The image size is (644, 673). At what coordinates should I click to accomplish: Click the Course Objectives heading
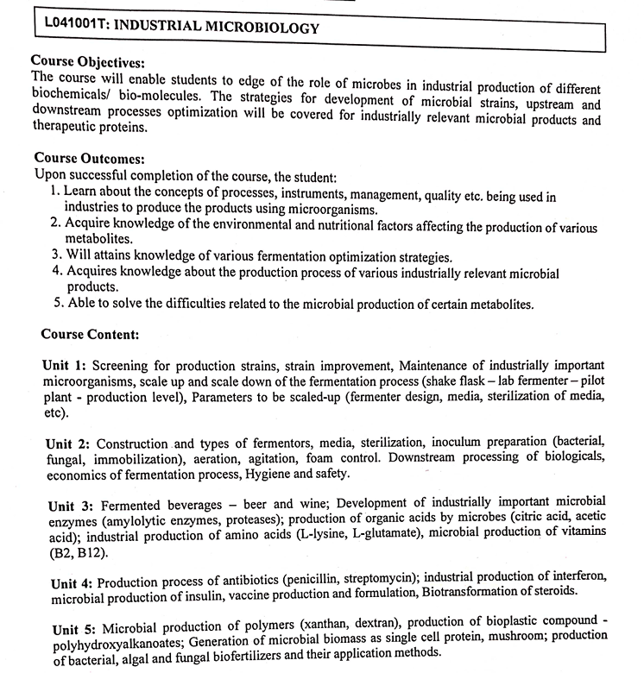[87, 62]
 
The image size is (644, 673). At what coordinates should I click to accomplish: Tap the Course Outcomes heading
[89, 160]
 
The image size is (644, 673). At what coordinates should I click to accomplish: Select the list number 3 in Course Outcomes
[55, 255]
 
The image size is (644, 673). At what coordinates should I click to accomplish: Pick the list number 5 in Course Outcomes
[55, 304]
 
